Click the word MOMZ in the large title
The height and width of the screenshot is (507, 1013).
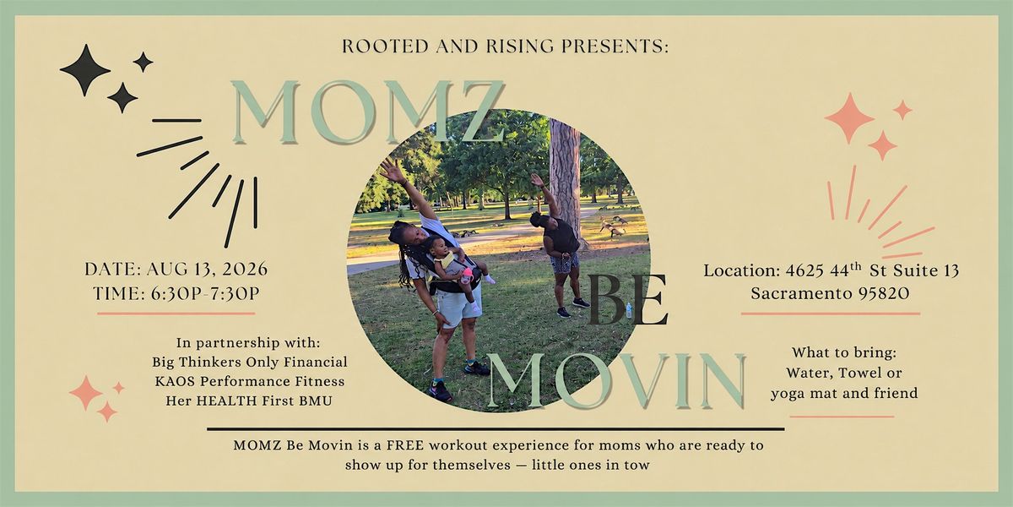click(x=368, y=112)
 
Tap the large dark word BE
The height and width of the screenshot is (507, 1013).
click(x=628, y=300)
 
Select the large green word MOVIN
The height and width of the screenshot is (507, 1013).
click(x=616, y=382)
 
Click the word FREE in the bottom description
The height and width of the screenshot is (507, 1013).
click(x=404, y=445)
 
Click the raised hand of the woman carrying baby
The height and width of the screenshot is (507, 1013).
click(x=392, y=171)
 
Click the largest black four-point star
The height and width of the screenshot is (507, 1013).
click(x=85, y=70)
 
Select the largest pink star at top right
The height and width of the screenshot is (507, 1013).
click(x=850, y=118)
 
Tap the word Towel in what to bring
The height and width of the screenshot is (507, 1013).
click(x=859, y=373)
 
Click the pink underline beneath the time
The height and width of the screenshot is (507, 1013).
click(x=176, y=313)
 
